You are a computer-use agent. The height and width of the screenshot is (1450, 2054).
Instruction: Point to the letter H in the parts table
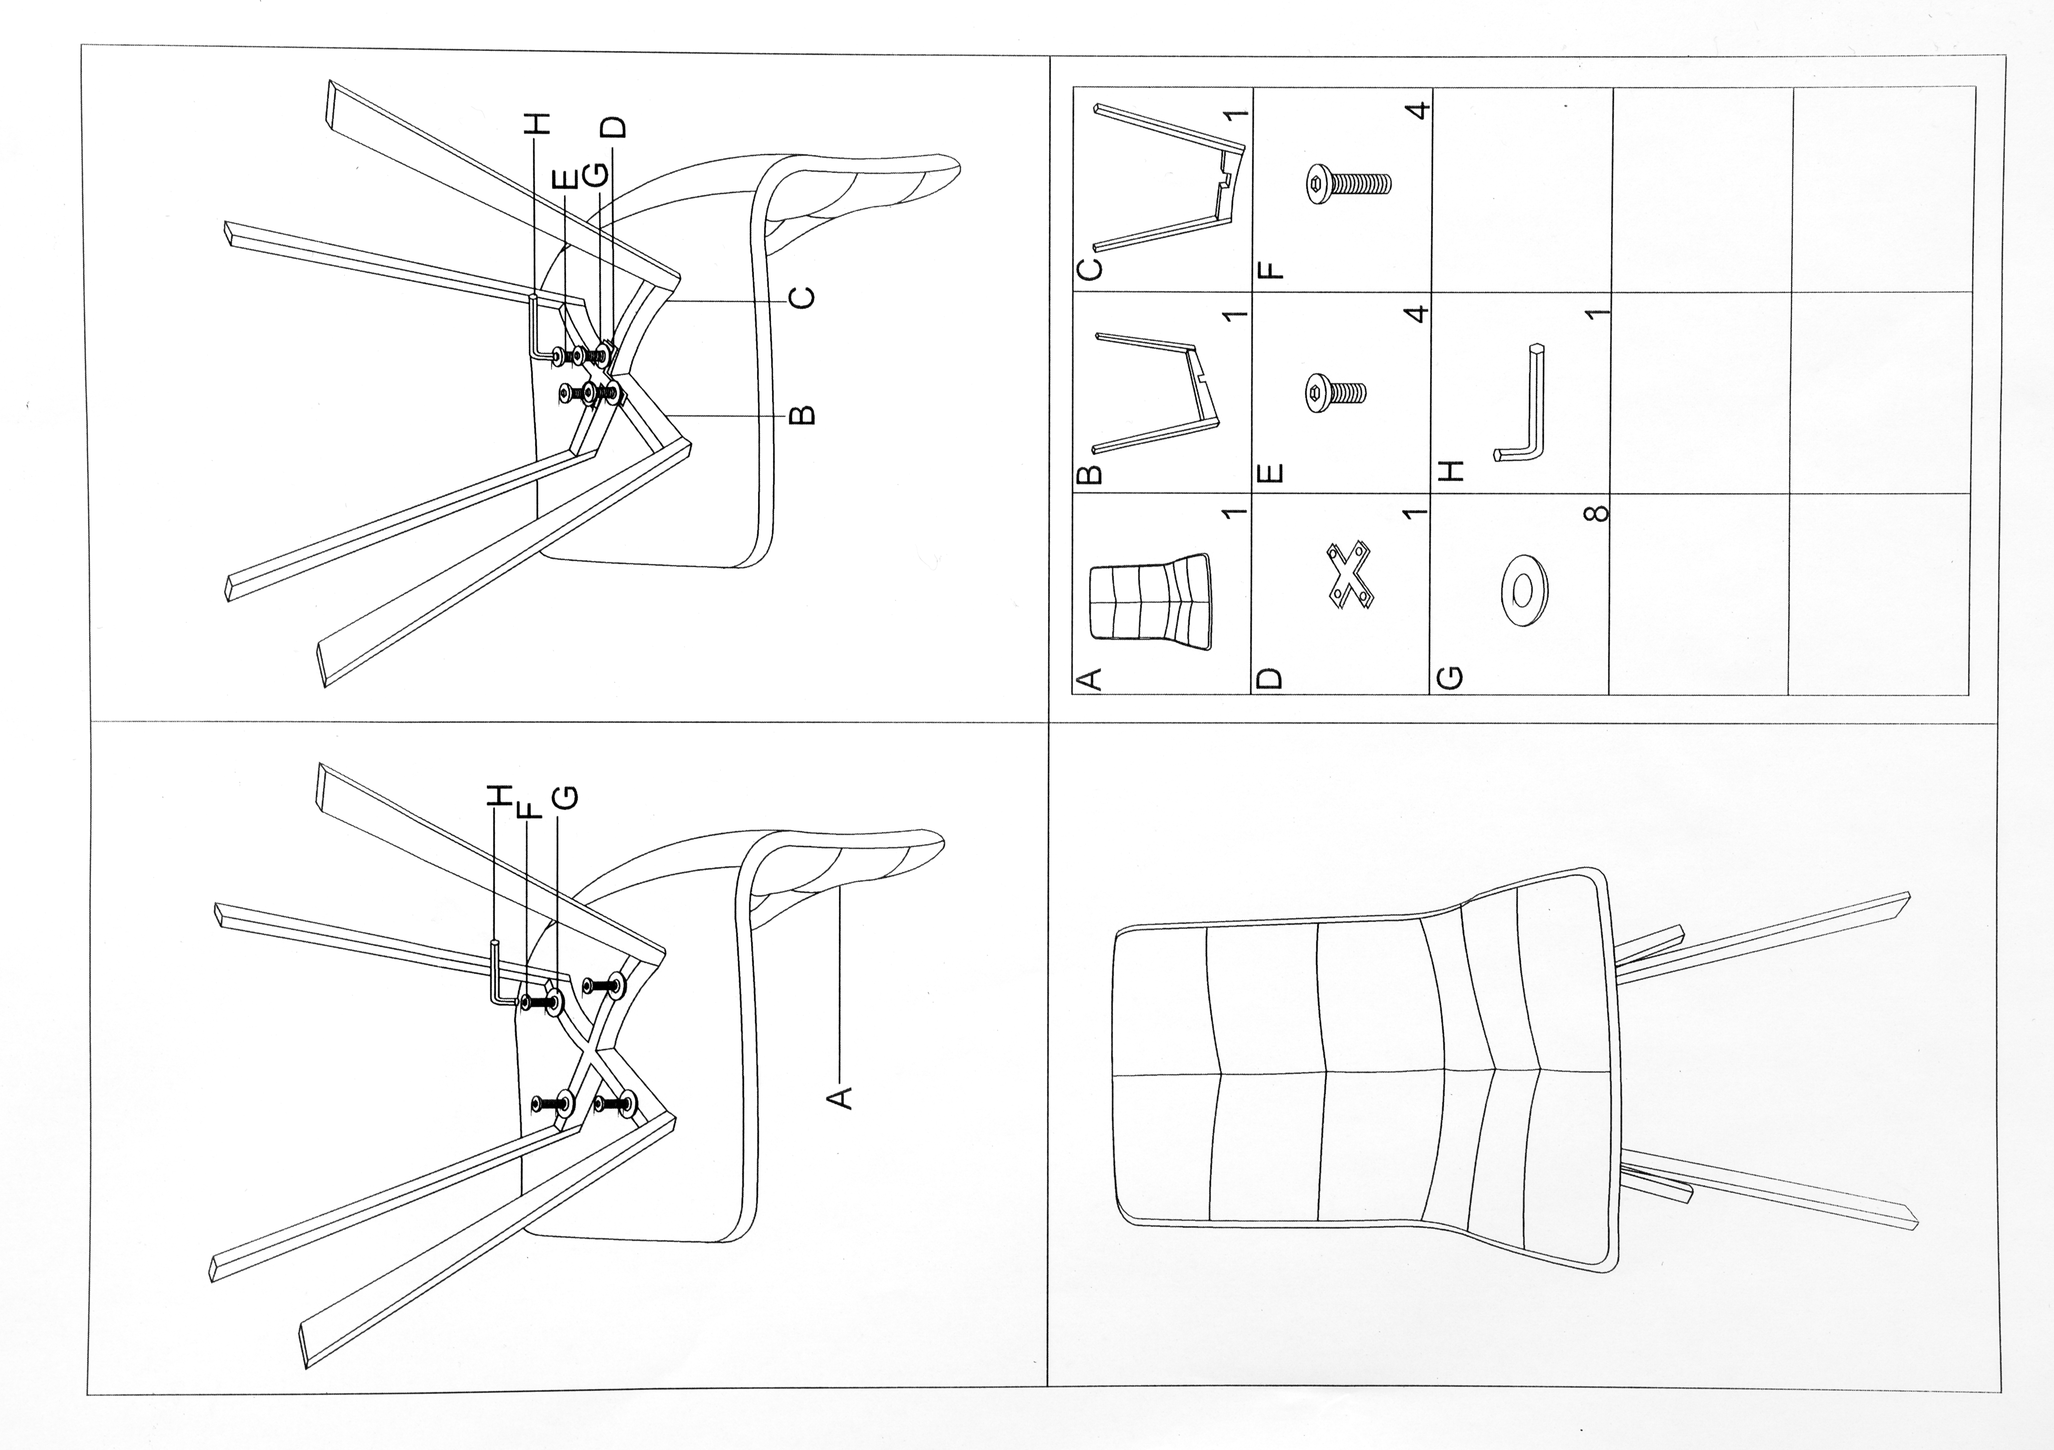(1449, 470)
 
